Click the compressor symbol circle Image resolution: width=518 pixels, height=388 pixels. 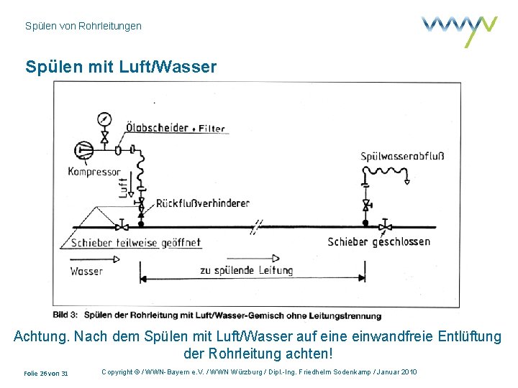83,151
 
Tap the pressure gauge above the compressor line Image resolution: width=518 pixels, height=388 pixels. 105,119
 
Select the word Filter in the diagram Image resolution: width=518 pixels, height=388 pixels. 212,129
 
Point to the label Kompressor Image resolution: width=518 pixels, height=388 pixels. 94,172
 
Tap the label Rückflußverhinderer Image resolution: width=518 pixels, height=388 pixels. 202,203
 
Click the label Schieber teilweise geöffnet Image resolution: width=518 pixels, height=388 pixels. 135,243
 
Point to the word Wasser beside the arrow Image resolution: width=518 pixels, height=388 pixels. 86,272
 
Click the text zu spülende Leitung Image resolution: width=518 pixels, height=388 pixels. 246,271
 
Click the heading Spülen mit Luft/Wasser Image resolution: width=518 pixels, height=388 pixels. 120,68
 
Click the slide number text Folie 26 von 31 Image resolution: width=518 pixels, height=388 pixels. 46,374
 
